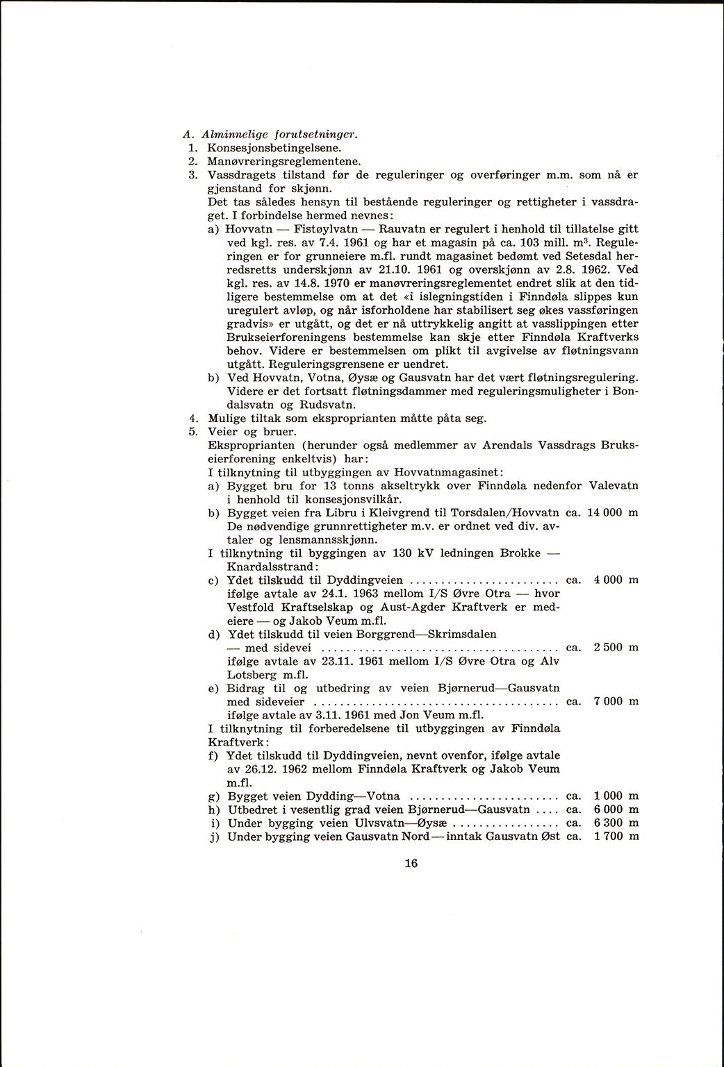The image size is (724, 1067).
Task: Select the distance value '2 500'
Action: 607,647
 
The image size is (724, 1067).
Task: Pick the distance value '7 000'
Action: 607,701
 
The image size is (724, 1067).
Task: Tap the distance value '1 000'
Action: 607,796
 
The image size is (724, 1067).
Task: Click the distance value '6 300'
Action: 607,823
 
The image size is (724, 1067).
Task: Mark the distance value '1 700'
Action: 607,837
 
